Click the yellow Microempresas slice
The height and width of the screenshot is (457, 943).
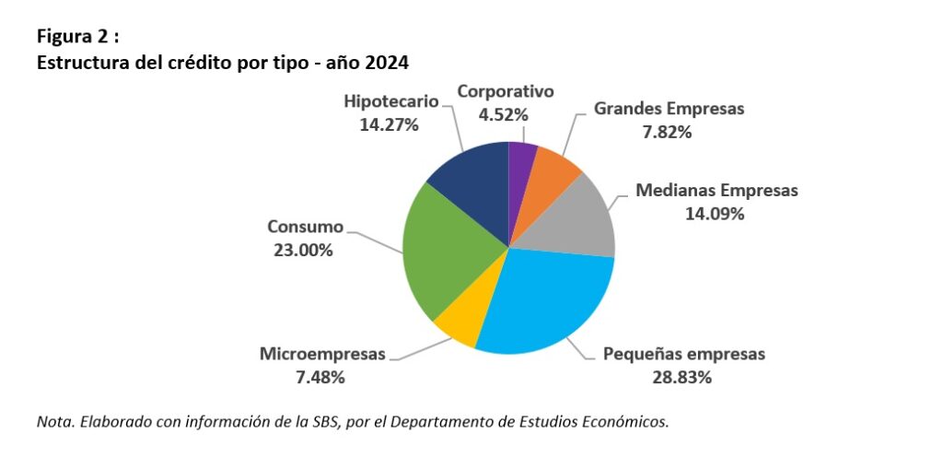pos(458,322)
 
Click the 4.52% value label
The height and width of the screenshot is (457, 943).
pos(505,114)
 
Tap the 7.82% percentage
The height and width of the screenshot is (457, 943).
pos(668,131)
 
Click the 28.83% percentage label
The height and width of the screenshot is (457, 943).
pos(683,376)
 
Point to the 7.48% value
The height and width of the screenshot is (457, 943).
pos(321,376)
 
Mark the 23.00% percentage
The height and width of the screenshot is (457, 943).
pos(303,249)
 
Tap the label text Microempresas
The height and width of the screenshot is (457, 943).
pos(322,353)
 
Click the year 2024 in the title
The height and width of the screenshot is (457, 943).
pos(387,64)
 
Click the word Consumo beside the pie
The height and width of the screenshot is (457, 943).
pos(305,226)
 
